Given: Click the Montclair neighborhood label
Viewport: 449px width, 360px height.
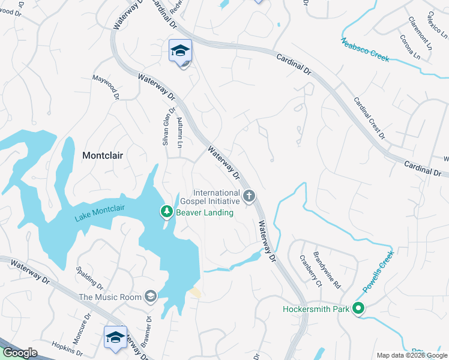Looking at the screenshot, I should [x=103, y=155].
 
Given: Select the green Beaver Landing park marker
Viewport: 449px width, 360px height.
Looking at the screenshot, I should [x=166, y=211].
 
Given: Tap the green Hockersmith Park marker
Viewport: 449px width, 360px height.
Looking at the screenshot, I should [x=358, y=310].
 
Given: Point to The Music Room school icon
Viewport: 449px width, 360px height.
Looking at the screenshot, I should [x=150, y=296].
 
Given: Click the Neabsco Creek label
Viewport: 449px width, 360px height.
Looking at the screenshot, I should [x=365, y=50].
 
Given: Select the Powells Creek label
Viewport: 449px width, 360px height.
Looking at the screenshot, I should [x=377, y=272].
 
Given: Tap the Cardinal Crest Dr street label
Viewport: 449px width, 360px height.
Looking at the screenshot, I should [x=369, y=118].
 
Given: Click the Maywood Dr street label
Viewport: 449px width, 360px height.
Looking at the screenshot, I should [x=106, y=88].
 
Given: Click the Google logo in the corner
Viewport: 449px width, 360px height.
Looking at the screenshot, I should [x=20, y=353].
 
